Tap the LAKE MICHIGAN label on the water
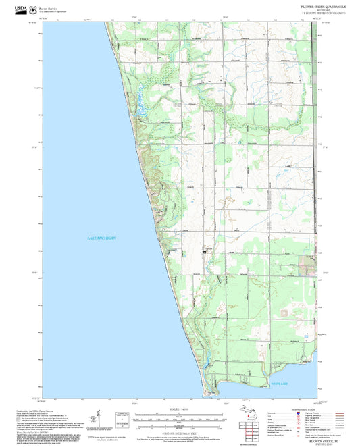point(102,238)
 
